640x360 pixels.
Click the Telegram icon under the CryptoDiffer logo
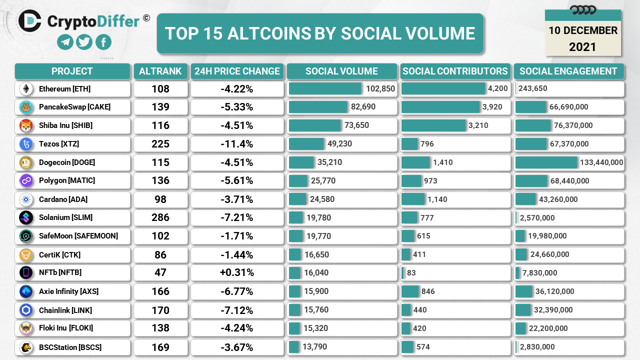[65, 42]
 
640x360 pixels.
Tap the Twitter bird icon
[84, 42]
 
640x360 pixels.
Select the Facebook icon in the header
[103, 42]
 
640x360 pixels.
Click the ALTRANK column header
[160, 71]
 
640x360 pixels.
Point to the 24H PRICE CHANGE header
[237, 71]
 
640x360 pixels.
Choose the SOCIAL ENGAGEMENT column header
[568, 71]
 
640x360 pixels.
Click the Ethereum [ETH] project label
[64, 89]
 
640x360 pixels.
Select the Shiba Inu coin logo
[26, 125]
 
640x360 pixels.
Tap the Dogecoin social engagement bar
[546, 162]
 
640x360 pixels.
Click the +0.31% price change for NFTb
[237, 273]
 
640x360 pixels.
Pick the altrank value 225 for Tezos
[160, 144]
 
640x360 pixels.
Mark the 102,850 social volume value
[380, 89]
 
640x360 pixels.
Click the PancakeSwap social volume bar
[318, 107]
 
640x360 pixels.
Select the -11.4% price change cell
[237, 144]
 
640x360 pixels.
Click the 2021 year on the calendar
[582, 47]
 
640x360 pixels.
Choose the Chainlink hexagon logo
[26, 310]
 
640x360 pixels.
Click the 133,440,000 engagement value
[601, 162]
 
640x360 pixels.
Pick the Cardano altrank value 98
[160, 199]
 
